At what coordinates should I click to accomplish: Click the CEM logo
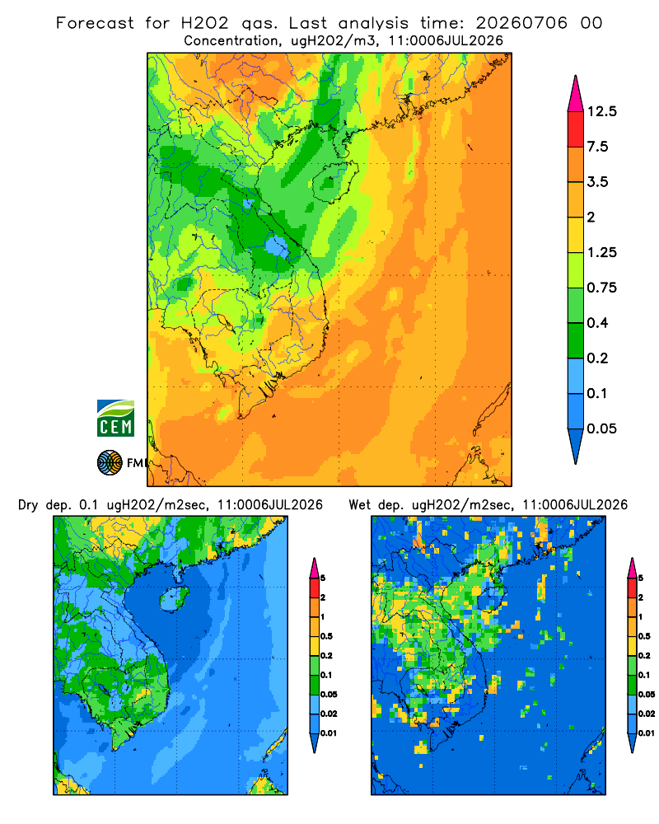115,418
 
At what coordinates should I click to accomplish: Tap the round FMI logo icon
110,462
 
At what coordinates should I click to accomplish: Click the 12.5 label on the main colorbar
601,111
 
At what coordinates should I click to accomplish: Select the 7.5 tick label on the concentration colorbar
597,147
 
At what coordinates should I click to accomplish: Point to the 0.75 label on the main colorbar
601,288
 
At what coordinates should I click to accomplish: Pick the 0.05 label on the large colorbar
601,428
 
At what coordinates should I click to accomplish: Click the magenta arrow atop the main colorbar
576,94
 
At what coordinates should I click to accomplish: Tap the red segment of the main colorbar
576,129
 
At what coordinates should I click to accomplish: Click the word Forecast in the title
95,23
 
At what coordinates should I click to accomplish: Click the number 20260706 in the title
521,23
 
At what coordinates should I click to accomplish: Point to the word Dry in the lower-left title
28,505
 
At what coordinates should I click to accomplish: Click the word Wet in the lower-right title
359,505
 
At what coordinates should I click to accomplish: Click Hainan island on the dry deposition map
174,598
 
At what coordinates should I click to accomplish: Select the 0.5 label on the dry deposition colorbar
326,636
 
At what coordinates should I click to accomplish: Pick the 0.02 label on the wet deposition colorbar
647,714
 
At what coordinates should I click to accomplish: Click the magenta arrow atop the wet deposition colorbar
632,568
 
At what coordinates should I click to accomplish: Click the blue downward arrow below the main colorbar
576,447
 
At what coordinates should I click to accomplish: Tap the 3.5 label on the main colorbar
597,182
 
